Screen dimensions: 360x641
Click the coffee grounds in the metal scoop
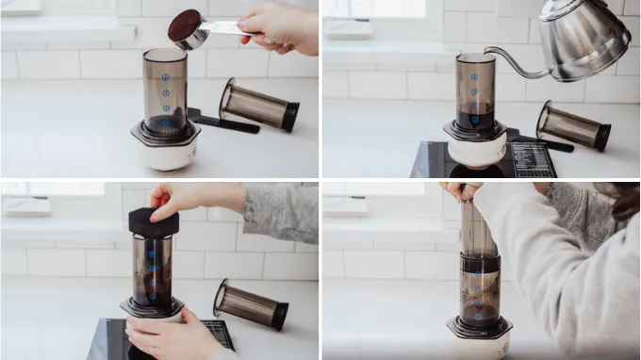[184, 25]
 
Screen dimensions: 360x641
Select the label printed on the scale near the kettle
[533, 158]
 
